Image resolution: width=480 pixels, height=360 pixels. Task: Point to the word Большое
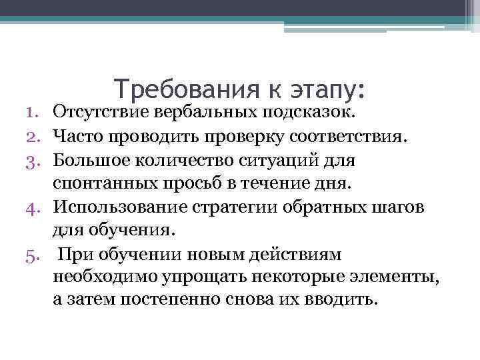(87, 161)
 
